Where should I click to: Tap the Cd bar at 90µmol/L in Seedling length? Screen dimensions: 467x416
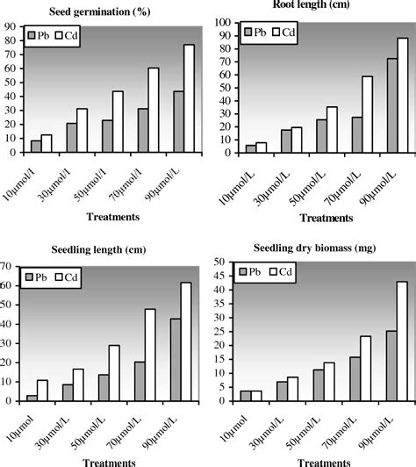pos(185,341)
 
